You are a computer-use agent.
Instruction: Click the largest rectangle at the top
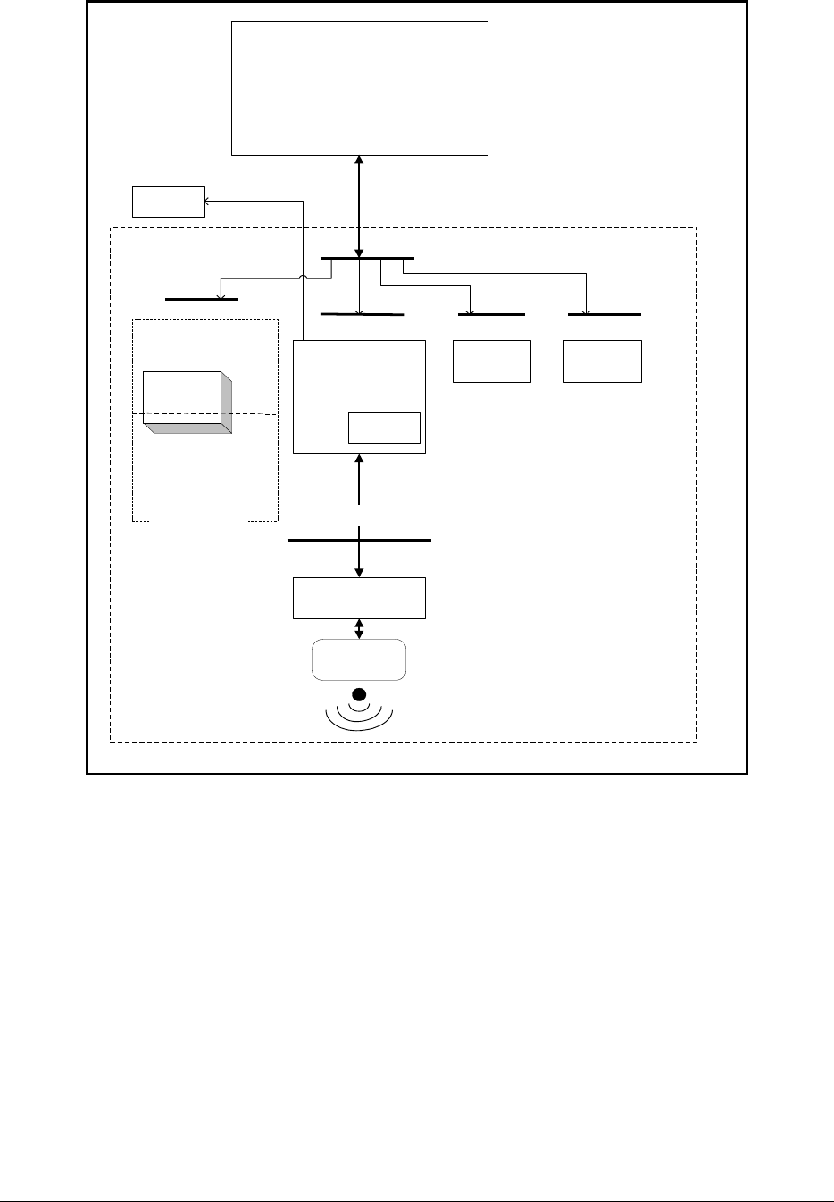coord(360,88)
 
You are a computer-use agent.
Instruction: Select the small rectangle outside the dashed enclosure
coord(168,202)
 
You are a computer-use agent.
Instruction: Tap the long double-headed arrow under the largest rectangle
coord(359,205)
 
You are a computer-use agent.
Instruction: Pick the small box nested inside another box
coord(383,428)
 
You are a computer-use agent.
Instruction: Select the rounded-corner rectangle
coord(358,660)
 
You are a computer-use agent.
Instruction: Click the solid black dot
coord(359,694)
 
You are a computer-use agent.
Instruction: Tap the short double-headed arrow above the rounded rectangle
coord(359,629)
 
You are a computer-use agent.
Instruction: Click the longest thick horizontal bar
coord(359,540)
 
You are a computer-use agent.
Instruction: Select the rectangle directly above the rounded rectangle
coord(359,598)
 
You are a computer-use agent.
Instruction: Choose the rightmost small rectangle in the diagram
coord(603,361)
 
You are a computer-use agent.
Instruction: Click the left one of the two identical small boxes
coord(492,361)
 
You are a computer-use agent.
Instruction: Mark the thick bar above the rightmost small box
coord(605,315)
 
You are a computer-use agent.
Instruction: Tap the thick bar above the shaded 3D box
coord(201,300)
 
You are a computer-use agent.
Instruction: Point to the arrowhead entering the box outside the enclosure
coord(210,202)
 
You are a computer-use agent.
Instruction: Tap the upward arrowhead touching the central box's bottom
coord(359,459)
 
